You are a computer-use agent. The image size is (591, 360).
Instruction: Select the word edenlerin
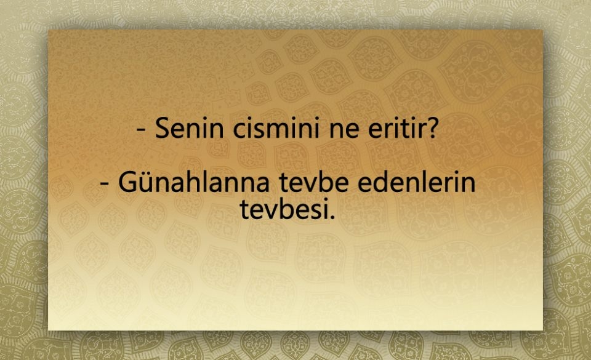(419, 183)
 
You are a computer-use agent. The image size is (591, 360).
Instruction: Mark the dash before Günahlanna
(105, 185)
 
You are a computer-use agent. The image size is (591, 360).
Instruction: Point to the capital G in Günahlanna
(127, 183)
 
